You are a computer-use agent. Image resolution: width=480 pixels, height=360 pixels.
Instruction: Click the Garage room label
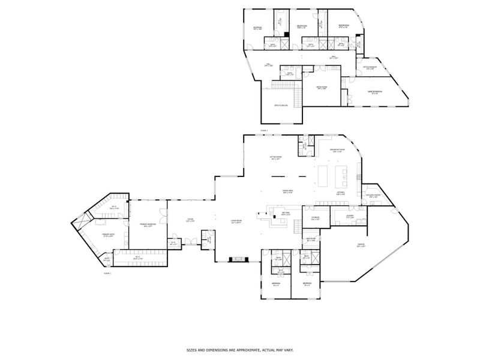(361, 245)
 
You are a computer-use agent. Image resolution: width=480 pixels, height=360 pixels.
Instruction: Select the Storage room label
(315, 218)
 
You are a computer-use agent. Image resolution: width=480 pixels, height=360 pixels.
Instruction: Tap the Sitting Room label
(275, 158)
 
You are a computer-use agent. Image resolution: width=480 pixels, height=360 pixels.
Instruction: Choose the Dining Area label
(271, 192)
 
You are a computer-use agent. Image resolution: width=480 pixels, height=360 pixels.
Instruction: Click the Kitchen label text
(340, 193)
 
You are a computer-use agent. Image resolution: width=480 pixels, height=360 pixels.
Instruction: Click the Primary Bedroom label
(148, 225)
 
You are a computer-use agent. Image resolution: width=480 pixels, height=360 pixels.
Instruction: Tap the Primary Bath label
(109, 235)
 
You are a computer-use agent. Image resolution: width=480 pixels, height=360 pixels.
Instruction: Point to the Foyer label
(190, 220)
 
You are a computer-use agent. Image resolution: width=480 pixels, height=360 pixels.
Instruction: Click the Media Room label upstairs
(322, 88)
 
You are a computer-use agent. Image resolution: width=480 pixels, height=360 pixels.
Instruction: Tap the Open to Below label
(281, 105)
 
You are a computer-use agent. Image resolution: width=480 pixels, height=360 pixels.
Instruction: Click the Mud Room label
(311, 239)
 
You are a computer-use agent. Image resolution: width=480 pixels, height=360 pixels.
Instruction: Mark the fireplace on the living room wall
(238, 260)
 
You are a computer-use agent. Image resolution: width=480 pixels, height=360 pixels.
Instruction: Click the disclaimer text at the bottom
(240, 349)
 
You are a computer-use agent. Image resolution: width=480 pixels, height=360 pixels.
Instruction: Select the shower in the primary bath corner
(77, 223)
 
